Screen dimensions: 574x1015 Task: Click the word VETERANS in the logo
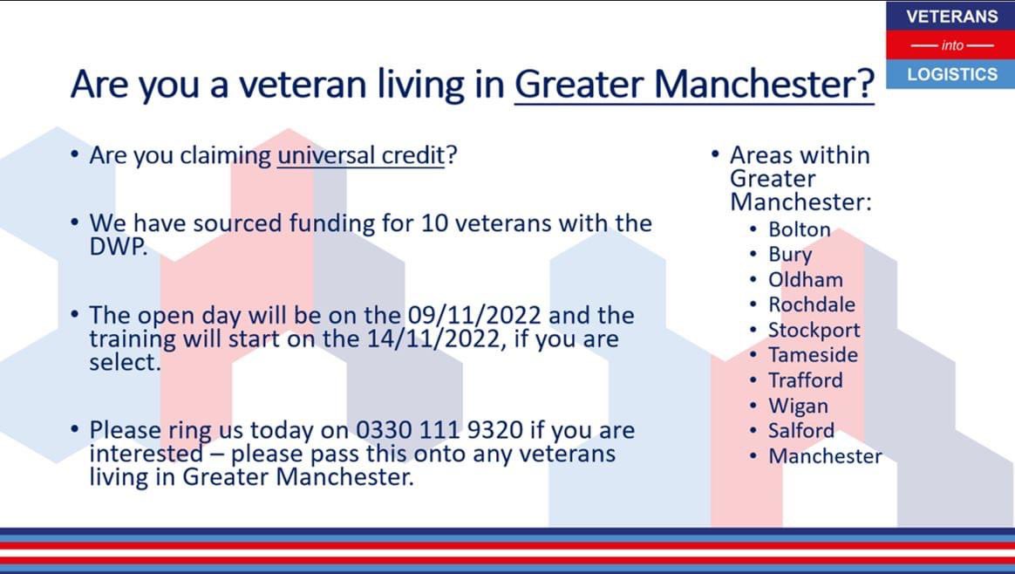point(951,17)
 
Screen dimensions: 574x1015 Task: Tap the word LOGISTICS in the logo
point(951,74)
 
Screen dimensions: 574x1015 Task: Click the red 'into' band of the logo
point(951,45)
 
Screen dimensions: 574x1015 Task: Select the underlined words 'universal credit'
point(360,155)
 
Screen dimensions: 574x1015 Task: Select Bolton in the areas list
point(799,229)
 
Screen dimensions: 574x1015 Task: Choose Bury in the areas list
point(789,255)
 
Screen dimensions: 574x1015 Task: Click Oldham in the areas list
point(805,280)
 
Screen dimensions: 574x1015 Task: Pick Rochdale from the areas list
point(811,304)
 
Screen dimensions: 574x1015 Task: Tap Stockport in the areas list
point(814,330)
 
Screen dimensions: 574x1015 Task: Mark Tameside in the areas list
point(812,355)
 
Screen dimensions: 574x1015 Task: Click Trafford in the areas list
point(805,380)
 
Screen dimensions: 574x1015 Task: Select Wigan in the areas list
point(797,406)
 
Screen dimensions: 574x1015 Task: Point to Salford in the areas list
point(800,430)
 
